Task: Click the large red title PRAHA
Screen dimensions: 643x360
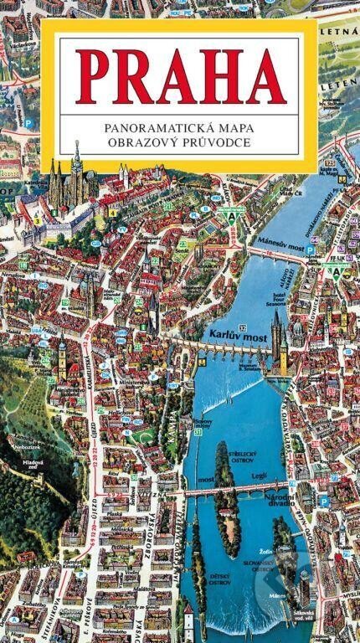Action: (x=180, y=76)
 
